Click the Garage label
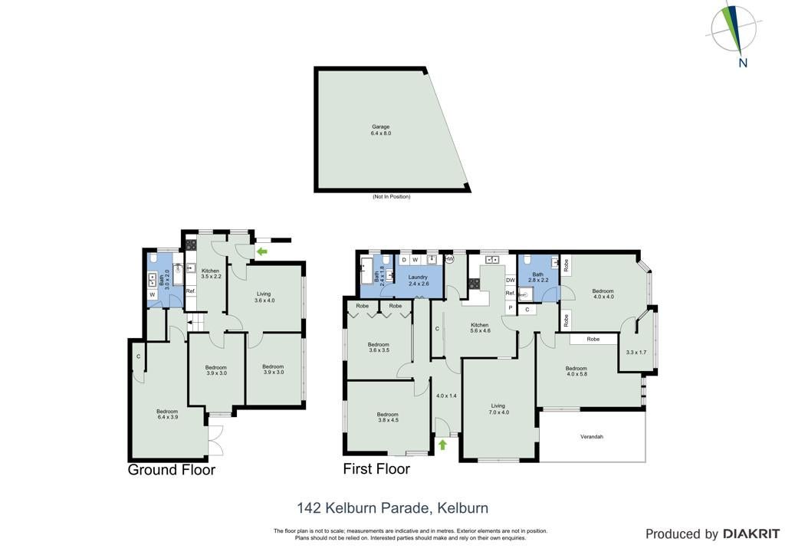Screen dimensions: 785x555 pos(380,127)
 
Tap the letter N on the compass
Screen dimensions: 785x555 pos(743,63)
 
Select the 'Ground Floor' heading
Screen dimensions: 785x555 pos(171,470)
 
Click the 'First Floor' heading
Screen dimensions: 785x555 pos(376,469)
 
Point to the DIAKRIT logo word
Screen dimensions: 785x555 pos(751,534)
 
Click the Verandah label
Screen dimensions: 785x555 pos(592,437)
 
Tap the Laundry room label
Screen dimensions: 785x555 pos(418,277)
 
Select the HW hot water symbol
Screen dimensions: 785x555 pos(449,259)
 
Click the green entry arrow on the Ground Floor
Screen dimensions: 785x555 pos(261,251)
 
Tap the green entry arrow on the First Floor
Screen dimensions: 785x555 pos(442,445)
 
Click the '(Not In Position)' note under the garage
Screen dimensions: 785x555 pos(391,197)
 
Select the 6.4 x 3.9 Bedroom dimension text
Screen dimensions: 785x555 pos(168,417)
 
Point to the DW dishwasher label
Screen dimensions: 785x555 pos(510,281)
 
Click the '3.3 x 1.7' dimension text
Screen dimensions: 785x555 pos(636,353)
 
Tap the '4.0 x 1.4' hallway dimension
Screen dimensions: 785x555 pos(446,396)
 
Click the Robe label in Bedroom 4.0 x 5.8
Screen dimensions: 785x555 pos(593,340)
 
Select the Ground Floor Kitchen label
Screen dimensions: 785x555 pos(210,271)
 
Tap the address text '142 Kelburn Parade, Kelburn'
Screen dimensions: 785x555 pos(392,508)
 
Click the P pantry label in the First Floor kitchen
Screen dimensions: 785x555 pos(510,307)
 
